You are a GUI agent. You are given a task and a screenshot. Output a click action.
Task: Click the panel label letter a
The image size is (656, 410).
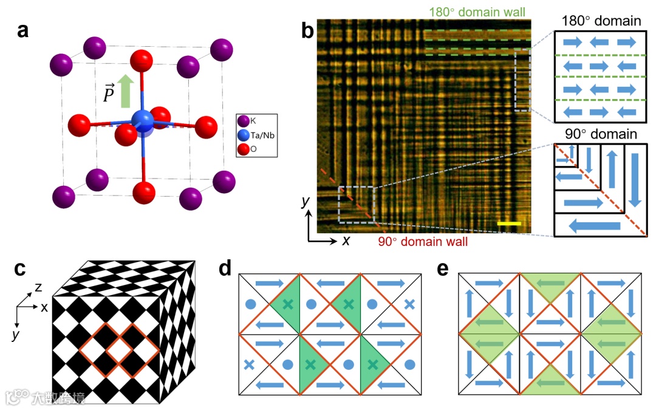[24, 30]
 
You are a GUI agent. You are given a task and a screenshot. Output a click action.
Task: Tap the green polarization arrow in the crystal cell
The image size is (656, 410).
[126, 90]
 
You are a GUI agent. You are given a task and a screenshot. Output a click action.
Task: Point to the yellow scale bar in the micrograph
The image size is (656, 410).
[509, 225]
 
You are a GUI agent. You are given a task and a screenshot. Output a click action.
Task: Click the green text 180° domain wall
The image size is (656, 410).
[477, 12]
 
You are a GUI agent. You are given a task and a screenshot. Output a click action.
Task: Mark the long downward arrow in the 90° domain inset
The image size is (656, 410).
[634, 180]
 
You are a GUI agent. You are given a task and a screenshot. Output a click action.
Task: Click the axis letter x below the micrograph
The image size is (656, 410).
[346, 241]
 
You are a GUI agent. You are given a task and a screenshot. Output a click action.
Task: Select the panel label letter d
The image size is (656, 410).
[226, 268]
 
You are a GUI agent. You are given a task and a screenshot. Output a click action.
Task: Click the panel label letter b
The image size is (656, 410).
[307, 30]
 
